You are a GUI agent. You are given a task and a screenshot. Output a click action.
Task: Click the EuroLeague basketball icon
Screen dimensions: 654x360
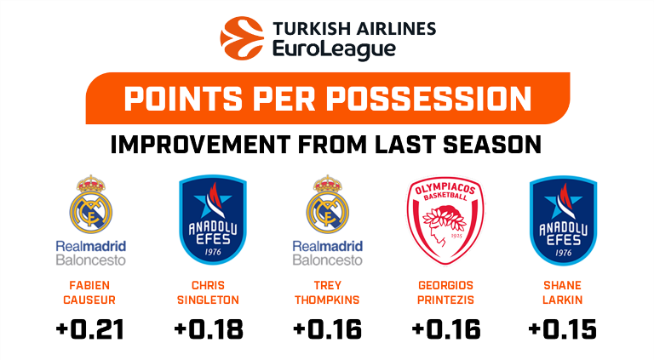point(242,38)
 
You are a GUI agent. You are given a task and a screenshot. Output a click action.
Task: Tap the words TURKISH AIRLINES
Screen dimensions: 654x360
point(354,29)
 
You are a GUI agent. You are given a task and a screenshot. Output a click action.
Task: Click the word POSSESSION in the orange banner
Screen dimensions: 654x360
point(429,100)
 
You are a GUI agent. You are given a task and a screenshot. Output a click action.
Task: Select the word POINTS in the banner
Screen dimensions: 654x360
point(184,100)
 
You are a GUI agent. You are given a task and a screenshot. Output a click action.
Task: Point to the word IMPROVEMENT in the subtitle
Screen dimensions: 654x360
point(201,145)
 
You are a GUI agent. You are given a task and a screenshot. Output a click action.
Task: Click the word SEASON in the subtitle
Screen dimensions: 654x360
point(492,145)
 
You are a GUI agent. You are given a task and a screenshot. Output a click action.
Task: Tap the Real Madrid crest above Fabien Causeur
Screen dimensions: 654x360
point(91,203)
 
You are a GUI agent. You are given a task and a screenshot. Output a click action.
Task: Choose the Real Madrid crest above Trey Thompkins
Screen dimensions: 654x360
point(327,203)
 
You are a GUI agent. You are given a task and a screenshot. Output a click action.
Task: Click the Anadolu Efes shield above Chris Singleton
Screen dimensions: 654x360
point(213,220)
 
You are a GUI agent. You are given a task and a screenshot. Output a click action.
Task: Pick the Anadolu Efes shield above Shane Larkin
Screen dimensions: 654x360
point(564,220)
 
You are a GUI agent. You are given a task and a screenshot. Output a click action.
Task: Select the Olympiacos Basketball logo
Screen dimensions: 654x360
point(445,220)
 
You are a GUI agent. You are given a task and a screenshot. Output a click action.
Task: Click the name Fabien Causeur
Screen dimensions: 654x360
point(89,293)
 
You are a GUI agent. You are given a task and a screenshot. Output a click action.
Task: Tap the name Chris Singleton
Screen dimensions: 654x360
point(208,293)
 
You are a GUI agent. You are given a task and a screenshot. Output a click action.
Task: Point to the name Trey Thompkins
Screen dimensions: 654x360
point(327,293)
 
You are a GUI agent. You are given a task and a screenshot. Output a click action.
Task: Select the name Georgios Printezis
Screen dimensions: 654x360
point(445,293)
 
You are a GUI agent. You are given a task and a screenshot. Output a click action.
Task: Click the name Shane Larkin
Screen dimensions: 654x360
point(563,293)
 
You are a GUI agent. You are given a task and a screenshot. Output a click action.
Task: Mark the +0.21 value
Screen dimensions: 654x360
point(90,329)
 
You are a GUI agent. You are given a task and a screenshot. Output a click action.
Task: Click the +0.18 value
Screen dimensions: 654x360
point(209,329)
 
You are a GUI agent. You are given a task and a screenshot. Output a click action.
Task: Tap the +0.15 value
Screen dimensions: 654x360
point(563,329)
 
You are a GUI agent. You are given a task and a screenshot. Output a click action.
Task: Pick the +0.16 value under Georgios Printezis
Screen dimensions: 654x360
point(446,329)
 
